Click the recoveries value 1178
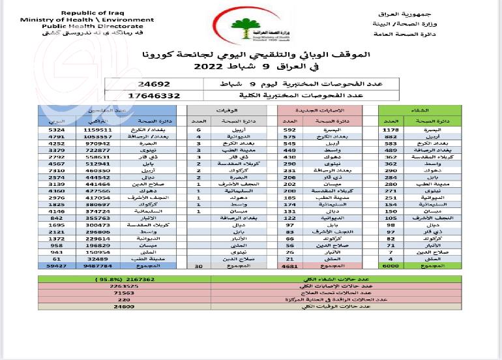tap(391, 130)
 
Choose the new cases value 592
tap(290, 130)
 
